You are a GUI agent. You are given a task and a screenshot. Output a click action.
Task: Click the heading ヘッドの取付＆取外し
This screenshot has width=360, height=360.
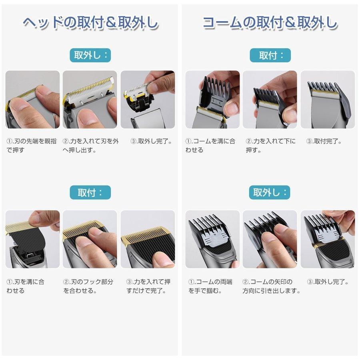[90, 23]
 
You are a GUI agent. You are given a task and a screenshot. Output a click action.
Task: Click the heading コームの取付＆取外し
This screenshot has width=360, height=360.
[270, 23]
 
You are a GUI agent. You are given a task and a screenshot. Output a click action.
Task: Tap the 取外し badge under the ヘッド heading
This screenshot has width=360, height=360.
[90, 55]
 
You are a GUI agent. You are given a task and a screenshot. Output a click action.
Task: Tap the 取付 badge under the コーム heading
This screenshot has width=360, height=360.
[270, 55]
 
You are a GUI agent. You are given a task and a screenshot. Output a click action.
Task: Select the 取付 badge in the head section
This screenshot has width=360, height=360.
[90, 192]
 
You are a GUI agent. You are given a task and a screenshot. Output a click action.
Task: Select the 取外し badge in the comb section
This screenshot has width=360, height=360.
[270, 192]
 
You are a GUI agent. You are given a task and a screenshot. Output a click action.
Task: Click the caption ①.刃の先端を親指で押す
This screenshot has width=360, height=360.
[32, 146]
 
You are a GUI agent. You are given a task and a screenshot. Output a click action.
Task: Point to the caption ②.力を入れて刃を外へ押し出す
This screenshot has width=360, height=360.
[90, 146]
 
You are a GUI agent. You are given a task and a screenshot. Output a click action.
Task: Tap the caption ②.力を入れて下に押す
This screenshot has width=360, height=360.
[270, 146]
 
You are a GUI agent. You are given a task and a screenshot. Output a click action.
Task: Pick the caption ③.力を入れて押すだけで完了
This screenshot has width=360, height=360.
[148, 286]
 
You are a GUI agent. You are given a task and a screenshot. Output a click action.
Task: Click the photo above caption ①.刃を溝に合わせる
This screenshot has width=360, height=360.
[32, 239]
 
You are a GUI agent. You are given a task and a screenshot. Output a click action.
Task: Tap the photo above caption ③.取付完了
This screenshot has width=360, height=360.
[328, 100]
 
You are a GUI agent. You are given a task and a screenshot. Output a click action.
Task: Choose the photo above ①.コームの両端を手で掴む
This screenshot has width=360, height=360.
[212, 239]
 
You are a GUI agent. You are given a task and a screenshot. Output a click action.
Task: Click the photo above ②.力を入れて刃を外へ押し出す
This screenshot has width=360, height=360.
[90, 100]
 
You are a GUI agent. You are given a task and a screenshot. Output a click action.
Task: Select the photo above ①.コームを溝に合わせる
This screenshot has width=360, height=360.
[212, 100]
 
